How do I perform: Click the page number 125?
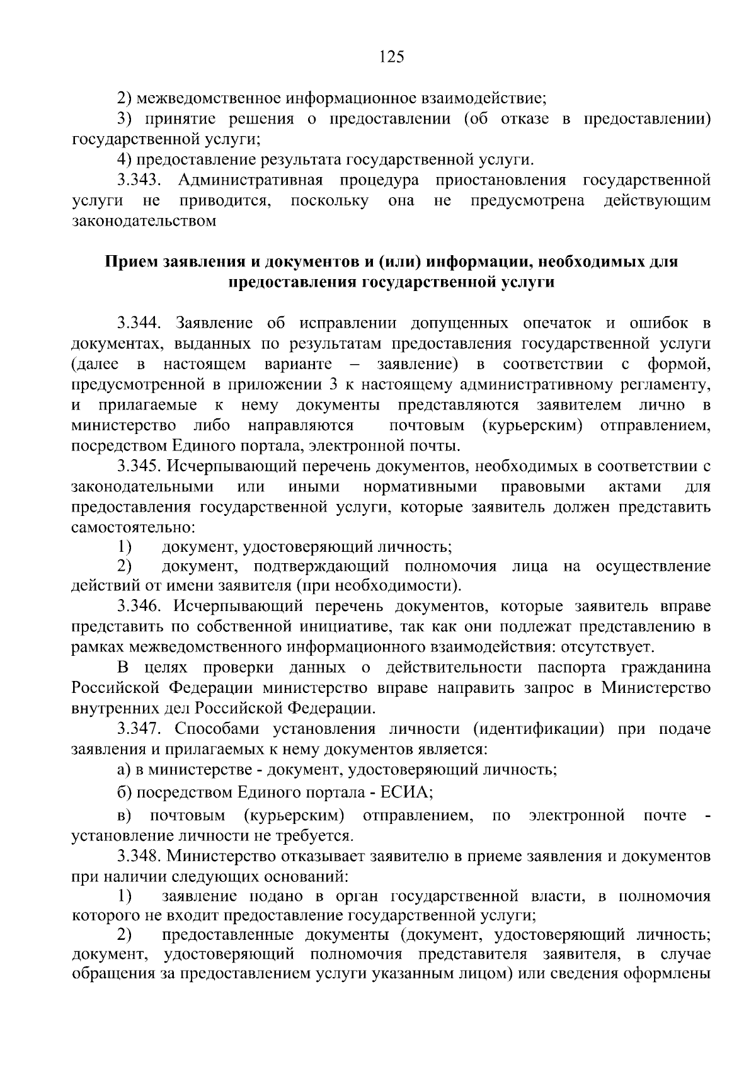pyautogui.click(x=391, y=57)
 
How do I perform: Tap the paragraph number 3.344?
pyautogui.click(x=140, y=324)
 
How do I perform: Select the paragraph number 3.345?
pyautogui.click(x=140, y=467)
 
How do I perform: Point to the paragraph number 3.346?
pyautogui.click(x=140, y=607)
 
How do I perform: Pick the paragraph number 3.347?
pyautogui.click(x=140, y=729)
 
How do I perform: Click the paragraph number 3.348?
pyautogui.click(x=140, y=857)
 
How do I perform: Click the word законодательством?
pyautogui.click(x=144, y=221)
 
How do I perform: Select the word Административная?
pyautogui.click(x=250, y=180)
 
